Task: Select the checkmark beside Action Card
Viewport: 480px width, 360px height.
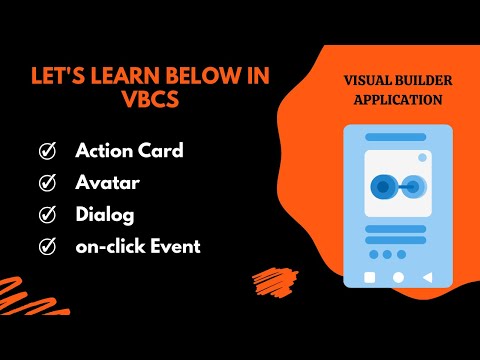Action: point(46,152)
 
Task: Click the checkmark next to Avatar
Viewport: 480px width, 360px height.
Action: point(46,183)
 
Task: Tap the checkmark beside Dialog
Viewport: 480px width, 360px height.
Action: point(46,214)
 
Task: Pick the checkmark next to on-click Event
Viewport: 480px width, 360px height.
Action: point(46,245)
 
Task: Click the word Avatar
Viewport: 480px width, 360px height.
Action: point(106,183)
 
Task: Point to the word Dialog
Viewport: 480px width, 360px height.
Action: point(104,214)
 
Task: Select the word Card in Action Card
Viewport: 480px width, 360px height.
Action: point(159,152)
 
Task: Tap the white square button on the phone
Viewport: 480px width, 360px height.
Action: point(369,276)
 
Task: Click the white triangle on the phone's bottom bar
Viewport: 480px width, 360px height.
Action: point(427,276)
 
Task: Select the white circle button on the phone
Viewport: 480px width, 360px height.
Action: point(398,276)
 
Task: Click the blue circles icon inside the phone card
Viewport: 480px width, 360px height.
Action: point(397,186)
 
